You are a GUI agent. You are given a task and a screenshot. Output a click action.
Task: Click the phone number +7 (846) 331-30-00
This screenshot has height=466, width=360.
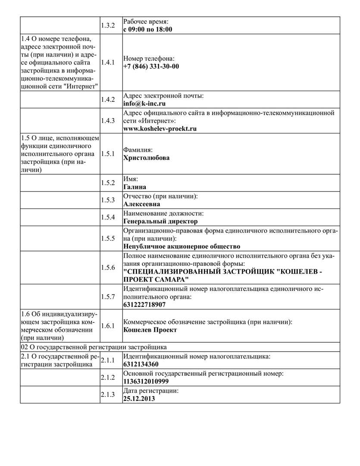pyautogui.click(x=151, y=66)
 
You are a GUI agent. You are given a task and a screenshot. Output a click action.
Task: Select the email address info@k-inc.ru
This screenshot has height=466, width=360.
pyautogui.click(x=144, y=104)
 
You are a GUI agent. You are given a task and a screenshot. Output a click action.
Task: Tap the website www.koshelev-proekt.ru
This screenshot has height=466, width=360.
pyautogui.click(x=160, y=128)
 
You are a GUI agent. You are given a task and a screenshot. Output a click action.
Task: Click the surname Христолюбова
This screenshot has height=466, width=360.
pyautogui.click(x=146, y=157)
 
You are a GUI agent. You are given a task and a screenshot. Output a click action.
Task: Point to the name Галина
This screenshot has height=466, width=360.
pyautogui.click(x=135, y=186)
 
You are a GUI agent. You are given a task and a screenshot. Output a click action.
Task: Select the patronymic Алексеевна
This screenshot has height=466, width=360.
pyautogui.click(x=141, y=204)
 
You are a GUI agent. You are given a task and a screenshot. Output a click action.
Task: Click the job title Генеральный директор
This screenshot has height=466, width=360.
pyautogui.click(x=160, y=221)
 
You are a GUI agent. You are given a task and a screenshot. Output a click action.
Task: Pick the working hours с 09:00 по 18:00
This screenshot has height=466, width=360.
pyautogui.click(x=147, y=29)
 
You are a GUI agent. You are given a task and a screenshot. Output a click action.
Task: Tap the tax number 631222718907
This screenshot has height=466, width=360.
pyautogui.click(x=144, y=304)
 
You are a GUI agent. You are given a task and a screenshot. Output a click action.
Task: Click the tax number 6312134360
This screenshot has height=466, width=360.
pyautogui.click(x=141, y=364)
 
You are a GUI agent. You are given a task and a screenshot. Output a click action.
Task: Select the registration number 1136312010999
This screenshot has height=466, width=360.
pyautogui.click(x=146, y=381)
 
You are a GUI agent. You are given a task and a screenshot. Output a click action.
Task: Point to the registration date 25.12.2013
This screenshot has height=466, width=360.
pyautogui.click(x=139, y=399)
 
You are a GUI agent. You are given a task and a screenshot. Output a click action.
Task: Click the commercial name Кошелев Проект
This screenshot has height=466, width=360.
pyautogui.click(x=150, y=330)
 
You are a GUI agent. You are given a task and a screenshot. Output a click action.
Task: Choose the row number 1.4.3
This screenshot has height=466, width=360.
pyautogui.click(x=108, y=120)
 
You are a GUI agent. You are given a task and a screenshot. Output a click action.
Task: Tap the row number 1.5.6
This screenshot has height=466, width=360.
pyautogui.click(x=108, y=268)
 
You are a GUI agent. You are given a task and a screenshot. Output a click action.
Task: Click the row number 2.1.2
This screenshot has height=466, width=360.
pyautogui.click(x=108, y=378)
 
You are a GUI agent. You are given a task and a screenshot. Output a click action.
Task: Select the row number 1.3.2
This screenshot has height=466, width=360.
pyautogui.click(x=108, y=25)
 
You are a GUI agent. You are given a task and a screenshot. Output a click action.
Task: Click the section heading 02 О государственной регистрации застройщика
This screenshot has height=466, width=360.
pyautogui.click(x=94, y=347)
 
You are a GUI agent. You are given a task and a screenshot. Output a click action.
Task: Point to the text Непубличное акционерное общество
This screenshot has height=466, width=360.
pyautogui.click(x=182, y=246)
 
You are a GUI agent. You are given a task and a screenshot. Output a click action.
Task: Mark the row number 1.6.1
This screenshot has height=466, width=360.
pyautogui.click(x=108, y=326)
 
